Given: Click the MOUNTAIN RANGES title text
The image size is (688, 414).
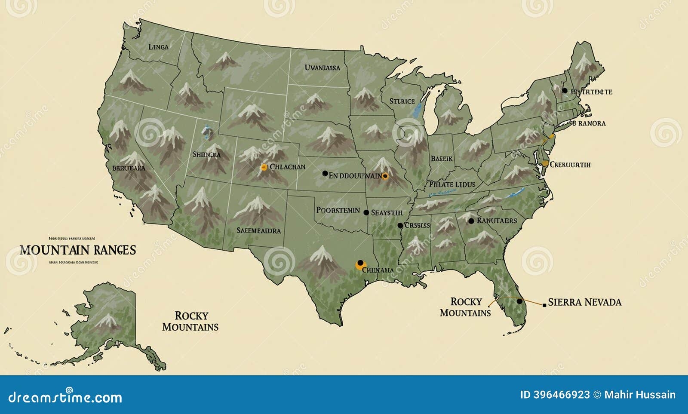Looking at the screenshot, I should (x=77, y=250).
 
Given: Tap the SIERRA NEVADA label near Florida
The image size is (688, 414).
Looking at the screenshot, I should (x=585, y=302).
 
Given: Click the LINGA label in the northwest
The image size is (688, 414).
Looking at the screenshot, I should (x=158, y=47).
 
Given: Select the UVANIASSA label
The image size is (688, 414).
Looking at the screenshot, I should (x=322, y=67).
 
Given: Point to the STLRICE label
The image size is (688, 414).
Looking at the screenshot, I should (x=402, y=101).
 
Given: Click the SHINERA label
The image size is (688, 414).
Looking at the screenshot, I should (x=206, y=155).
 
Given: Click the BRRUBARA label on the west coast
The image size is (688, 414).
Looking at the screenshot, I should (x=129, y=168).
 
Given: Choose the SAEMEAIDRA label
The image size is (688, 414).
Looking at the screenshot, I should (x=258, y=230).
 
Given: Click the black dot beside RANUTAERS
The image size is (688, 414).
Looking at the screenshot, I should (x=471, y=221).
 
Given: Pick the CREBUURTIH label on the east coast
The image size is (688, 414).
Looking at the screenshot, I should (x=570, y=164).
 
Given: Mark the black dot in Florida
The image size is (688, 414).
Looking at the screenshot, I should (x=519, y=301).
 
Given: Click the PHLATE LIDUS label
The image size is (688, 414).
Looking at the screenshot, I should (x=452, y=184).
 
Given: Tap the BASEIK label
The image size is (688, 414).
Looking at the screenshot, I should (x=442, y=159).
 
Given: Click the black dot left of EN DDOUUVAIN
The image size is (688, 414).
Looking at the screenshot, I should (x=325, y=173).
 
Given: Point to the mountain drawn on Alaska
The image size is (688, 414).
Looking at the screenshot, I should (x=106, y=320).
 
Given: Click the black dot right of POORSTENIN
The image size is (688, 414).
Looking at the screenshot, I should (x=366, y=212).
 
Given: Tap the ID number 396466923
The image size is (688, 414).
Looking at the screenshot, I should (x=555, y=395).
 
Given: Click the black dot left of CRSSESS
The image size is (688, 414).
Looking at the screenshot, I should (x=400, y=225).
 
